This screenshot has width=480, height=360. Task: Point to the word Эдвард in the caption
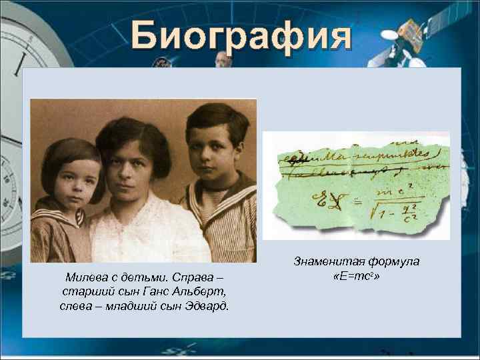tap(205, 306)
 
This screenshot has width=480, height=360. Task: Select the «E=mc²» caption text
tap(357, 276)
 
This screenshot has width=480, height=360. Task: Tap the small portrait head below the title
tap(224, 60)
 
